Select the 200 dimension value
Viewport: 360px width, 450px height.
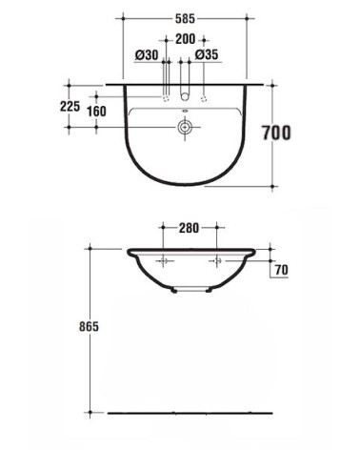(185, 38)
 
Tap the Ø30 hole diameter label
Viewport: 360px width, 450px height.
(146, 55)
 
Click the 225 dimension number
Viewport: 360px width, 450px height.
(70, 107)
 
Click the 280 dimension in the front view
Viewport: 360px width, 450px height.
(190, 228)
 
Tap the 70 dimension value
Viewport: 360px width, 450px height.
(281, 270)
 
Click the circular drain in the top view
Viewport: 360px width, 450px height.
(185, 124)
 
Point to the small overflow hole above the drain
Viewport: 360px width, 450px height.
(185, 111)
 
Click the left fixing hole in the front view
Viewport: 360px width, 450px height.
(163, 260)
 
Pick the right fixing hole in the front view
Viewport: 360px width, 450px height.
(216, 260)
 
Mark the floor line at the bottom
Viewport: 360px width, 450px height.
(190, 412)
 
